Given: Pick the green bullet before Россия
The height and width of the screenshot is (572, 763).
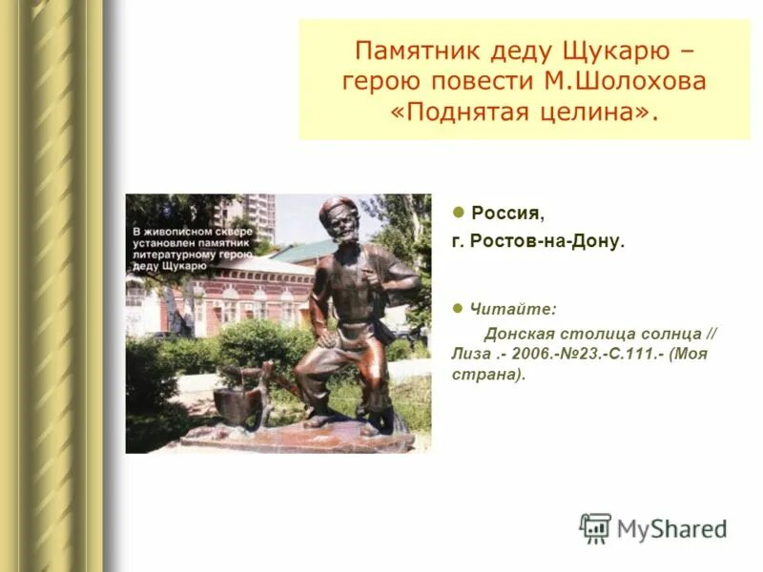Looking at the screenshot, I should coord(459,211).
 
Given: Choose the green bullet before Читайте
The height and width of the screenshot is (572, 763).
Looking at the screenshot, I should coord(459,308).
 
